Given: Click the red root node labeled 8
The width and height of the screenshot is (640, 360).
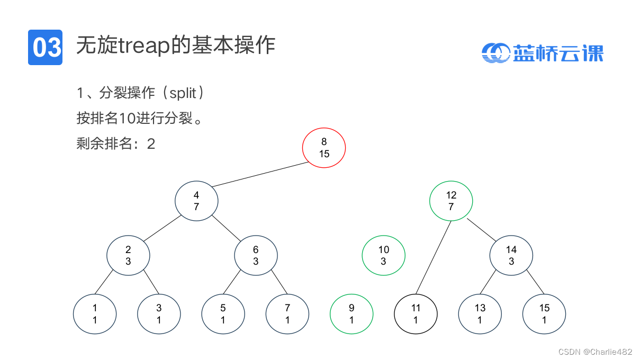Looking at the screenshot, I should [x=324, y=148].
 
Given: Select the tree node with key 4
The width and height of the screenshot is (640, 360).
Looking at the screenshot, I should [x=196, y=202].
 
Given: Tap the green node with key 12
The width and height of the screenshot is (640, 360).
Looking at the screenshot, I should [x=451, y=201].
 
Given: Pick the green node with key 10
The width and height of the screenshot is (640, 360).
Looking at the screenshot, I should [x=383, y=256].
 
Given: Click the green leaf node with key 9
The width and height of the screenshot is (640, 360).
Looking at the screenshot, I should [x=351, y=314].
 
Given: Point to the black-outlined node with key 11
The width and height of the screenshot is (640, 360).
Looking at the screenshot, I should [x=416, y=314].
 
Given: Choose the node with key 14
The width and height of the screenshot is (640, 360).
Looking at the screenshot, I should [x=511, y=256].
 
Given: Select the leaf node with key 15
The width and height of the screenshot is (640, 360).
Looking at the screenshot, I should [x=544, y=314].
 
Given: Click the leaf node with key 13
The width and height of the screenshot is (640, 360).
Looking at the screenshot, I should [x=480, y=314].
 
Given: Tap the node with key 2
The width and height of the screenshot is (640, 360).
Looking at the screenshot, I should [x=128, y=256].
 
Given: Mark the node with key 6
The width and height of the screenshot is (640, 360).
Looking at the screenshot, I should [x=256, y=256].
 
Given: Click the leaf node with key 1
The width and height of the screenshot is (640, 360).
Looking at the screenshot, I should [x=95, y=314].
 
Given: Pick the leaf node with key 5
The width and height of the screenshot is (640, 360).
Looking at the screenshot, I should [x=223, y=314].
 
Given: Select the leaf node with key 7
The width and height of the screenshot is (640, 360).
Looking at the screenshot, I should [x=287, y=314].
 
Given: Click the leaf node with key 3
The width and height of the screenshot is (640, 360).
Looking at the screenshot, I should [x=159, y=314].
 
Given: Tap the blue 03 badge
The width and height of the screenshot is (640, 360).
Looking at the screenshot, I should [x=46, y=47].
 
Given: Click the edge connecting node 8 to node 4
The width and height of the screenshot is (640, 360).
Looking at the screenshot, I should [x=259, y=174].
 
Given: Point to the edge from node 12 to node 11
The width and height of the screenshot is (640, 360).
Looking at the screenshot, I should [x=434, y=257].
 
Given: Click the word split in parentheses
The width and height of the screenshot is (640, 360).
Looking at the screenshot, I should [x=183, y=94].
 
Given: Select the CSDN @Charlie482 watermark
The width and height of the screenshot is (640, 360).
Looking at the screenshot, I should [x=595, y=352].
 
